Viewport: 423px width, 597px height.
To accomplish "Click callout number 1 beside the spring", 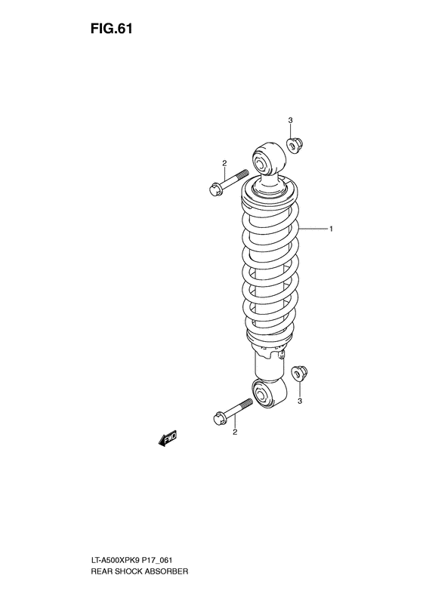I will [330, 228].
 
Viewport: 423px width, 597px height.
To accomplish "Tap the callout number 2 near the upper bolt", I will [224, 164].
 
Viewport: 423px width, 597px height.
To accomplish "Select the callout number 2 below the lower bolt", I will [235, 432].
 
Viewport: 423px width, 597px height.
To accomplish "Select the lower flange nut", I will [301, 373].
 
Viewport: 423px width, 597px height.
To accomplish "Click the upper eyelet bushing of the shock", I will [264, 162].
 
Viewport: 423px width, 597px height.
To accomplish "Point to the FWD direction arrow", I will [168, 439].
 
